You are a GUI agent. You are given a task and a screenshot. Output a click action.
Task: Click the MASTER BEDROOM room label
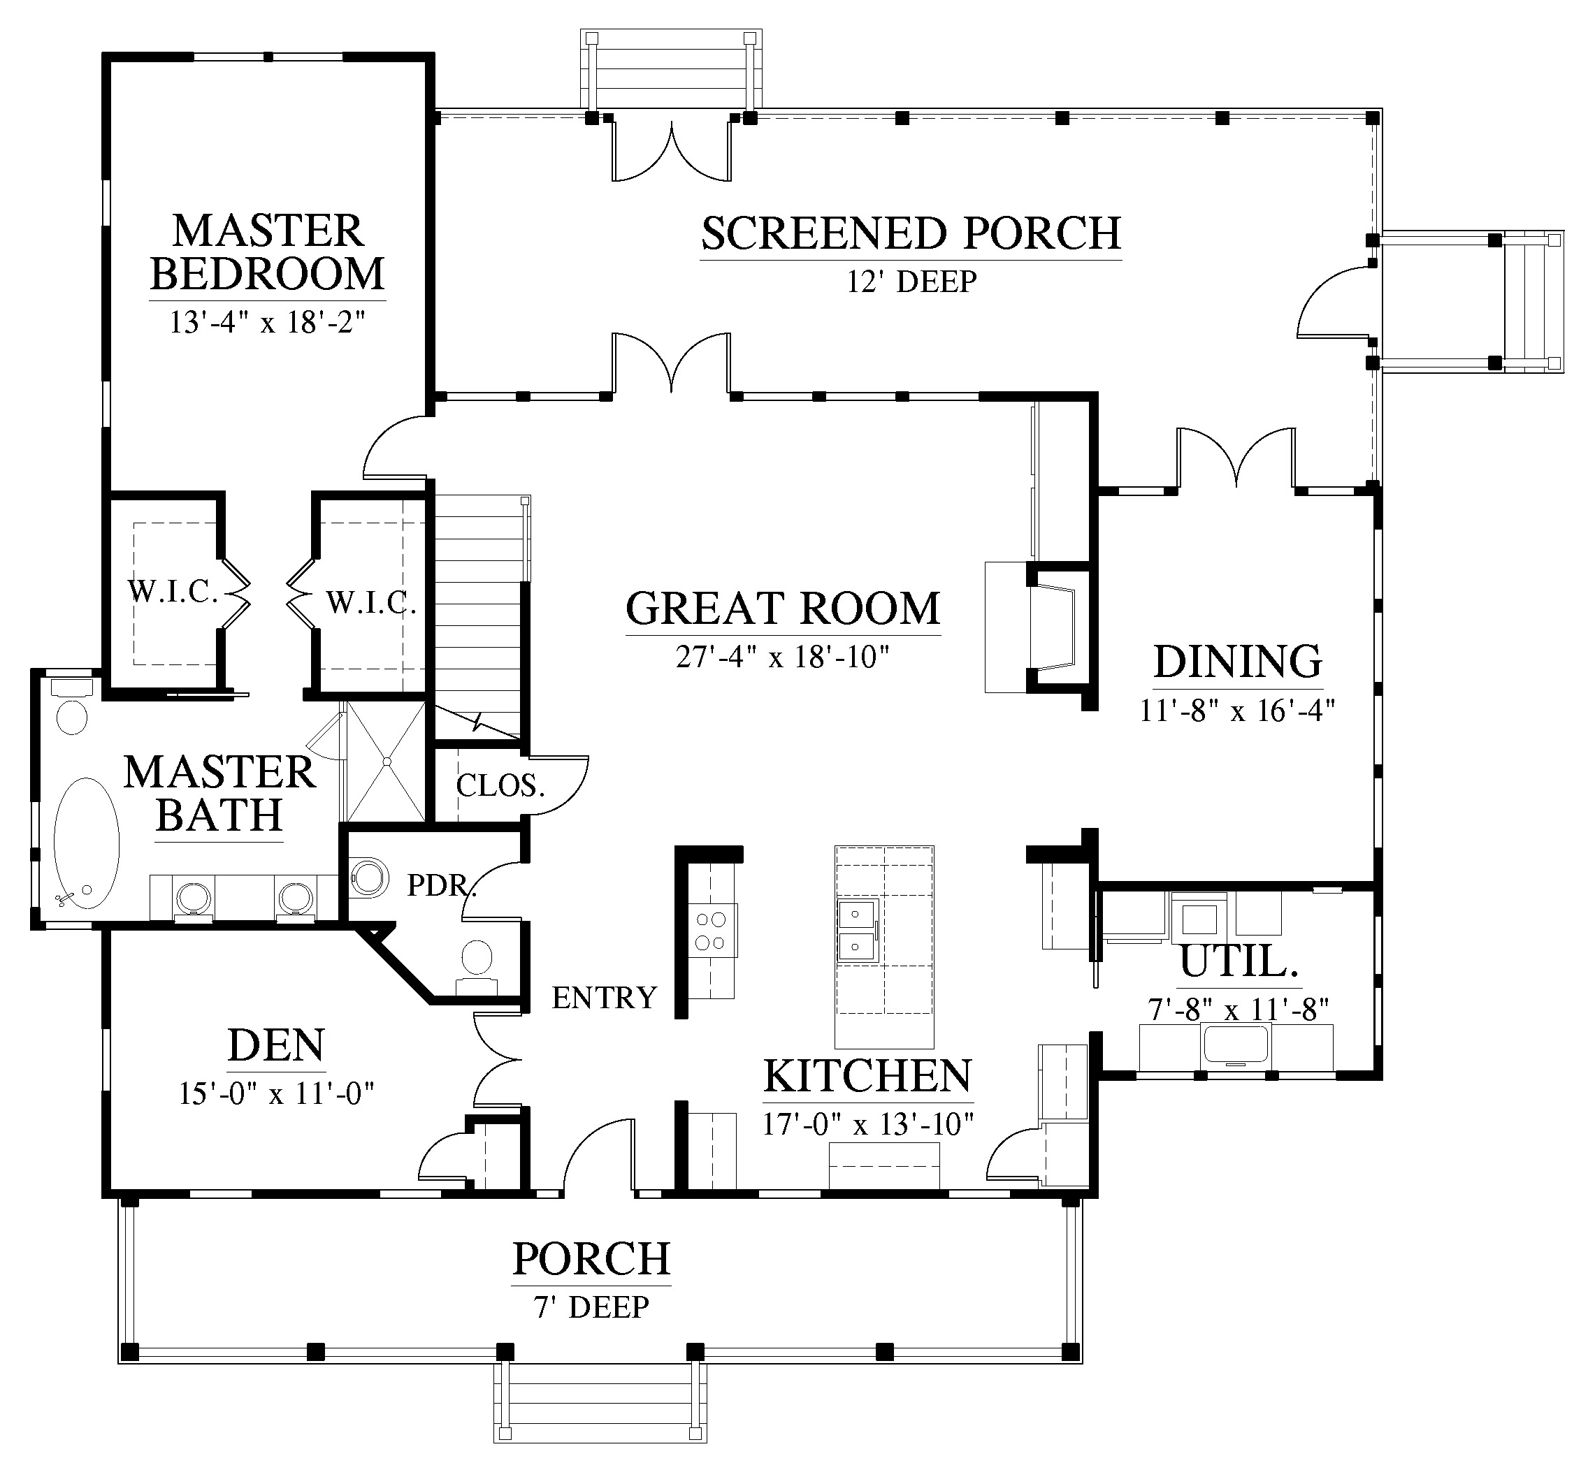point(267,252)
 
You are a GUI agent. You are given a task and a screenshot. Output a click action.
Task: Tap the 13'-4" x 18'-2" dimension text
point(267,322)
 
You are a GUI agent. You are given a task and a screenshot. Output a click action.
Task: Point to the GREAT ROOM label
point(783,608)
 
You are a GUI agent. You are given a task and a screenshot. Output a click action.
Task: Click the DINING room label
point(1238,661)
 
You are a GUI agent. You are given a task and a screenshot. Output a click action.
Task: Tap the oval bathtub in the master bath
point(86,843)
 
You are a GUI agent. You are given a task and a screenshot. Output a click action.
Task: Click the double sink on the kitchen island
point(857,929)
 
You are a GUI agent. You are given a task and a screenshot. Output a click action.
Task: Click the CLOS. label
point(500,786)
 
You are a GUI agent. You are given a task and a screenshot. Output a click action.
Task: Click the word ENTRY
point(605,998)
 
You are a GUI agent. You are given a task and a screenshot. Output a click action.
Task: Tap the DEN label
point(276,1045)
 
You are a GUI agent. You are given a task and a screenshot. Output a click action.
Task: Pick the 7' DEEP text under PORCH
point(591,1307)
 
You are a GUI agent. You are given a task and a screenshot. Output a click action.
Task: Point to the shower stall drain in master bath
point(387,762)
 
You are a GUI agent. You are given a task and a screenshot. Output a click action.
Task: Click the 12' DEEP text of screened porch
point(911,282)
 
